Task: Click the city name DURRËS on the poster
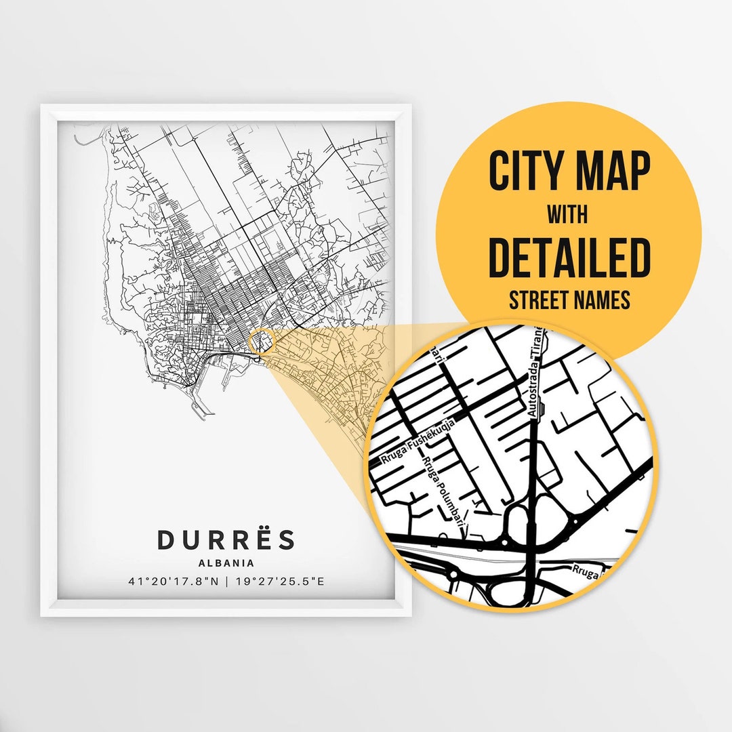point(226,540)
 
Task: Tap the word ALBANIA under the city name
point(226,563)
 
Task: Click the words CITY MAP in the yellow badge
point(569,172)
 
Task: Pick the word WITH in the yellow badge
point(569,216)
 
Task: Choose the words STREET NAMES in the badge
point(569,299)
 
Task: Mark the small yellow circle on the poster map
point(261,340)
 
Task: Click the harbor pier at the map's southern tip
point(199,410)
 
